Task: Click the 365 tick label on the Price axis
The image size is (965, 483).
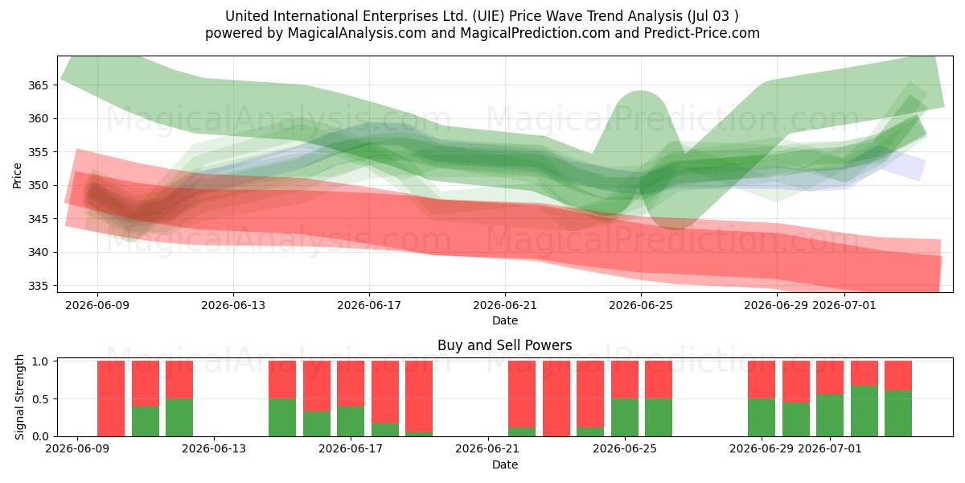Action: tap(38, 85)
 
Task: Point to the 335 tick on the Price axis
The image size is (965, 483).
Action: tap(38, 286)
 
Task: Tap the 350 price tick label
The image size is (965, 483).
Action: tap(38, 185)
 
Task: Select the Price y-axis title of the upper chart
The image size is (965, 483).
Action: tap(17, 175)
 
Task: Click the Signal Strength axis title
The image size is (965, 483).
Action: tap(19, 397)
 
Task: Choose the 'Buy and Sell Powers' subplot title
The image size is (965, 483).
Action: tap(504, 345)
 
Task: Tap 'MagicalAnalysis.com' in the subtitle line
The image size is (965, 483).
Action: tap(357, 33)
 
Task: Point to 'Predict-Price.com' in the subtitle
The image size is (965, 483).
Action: tap(702, 33)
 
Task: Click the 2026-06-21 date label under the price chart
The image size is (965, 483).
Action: tap(505, 306)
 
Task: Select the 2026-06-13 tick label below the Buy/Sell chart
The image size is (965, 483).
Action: tap(214, 449)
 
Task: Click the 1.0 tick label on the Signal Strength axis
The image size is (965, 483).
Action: tap(40, 361)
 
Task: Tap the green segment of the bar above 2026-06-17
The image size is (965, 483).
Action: tap(351, 421)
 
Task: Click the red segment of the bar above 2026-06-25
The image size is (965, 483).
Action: tap(625, 379)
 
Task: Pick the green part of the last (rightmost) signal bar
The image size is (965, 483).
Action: tap(898, 414)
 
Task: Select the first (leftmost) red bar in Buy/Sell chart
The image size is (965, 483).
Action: tap(111, 398)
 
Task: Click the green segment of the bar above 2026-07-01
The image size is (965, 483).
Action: tap(830, 415)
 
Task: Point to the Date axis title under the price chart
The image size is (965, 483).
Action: tap(505, 321)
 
